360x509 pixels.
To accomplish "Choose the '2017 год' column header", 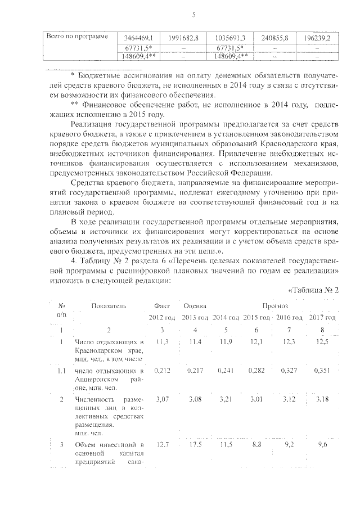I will coord(323,318).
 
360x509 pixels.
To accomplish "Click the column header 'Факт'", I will coord(162,306).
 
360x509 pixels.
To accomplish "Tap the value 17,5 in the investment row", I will coord(194,445).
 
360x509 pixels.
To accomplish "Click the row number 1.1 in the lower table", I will coord(61,371).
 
